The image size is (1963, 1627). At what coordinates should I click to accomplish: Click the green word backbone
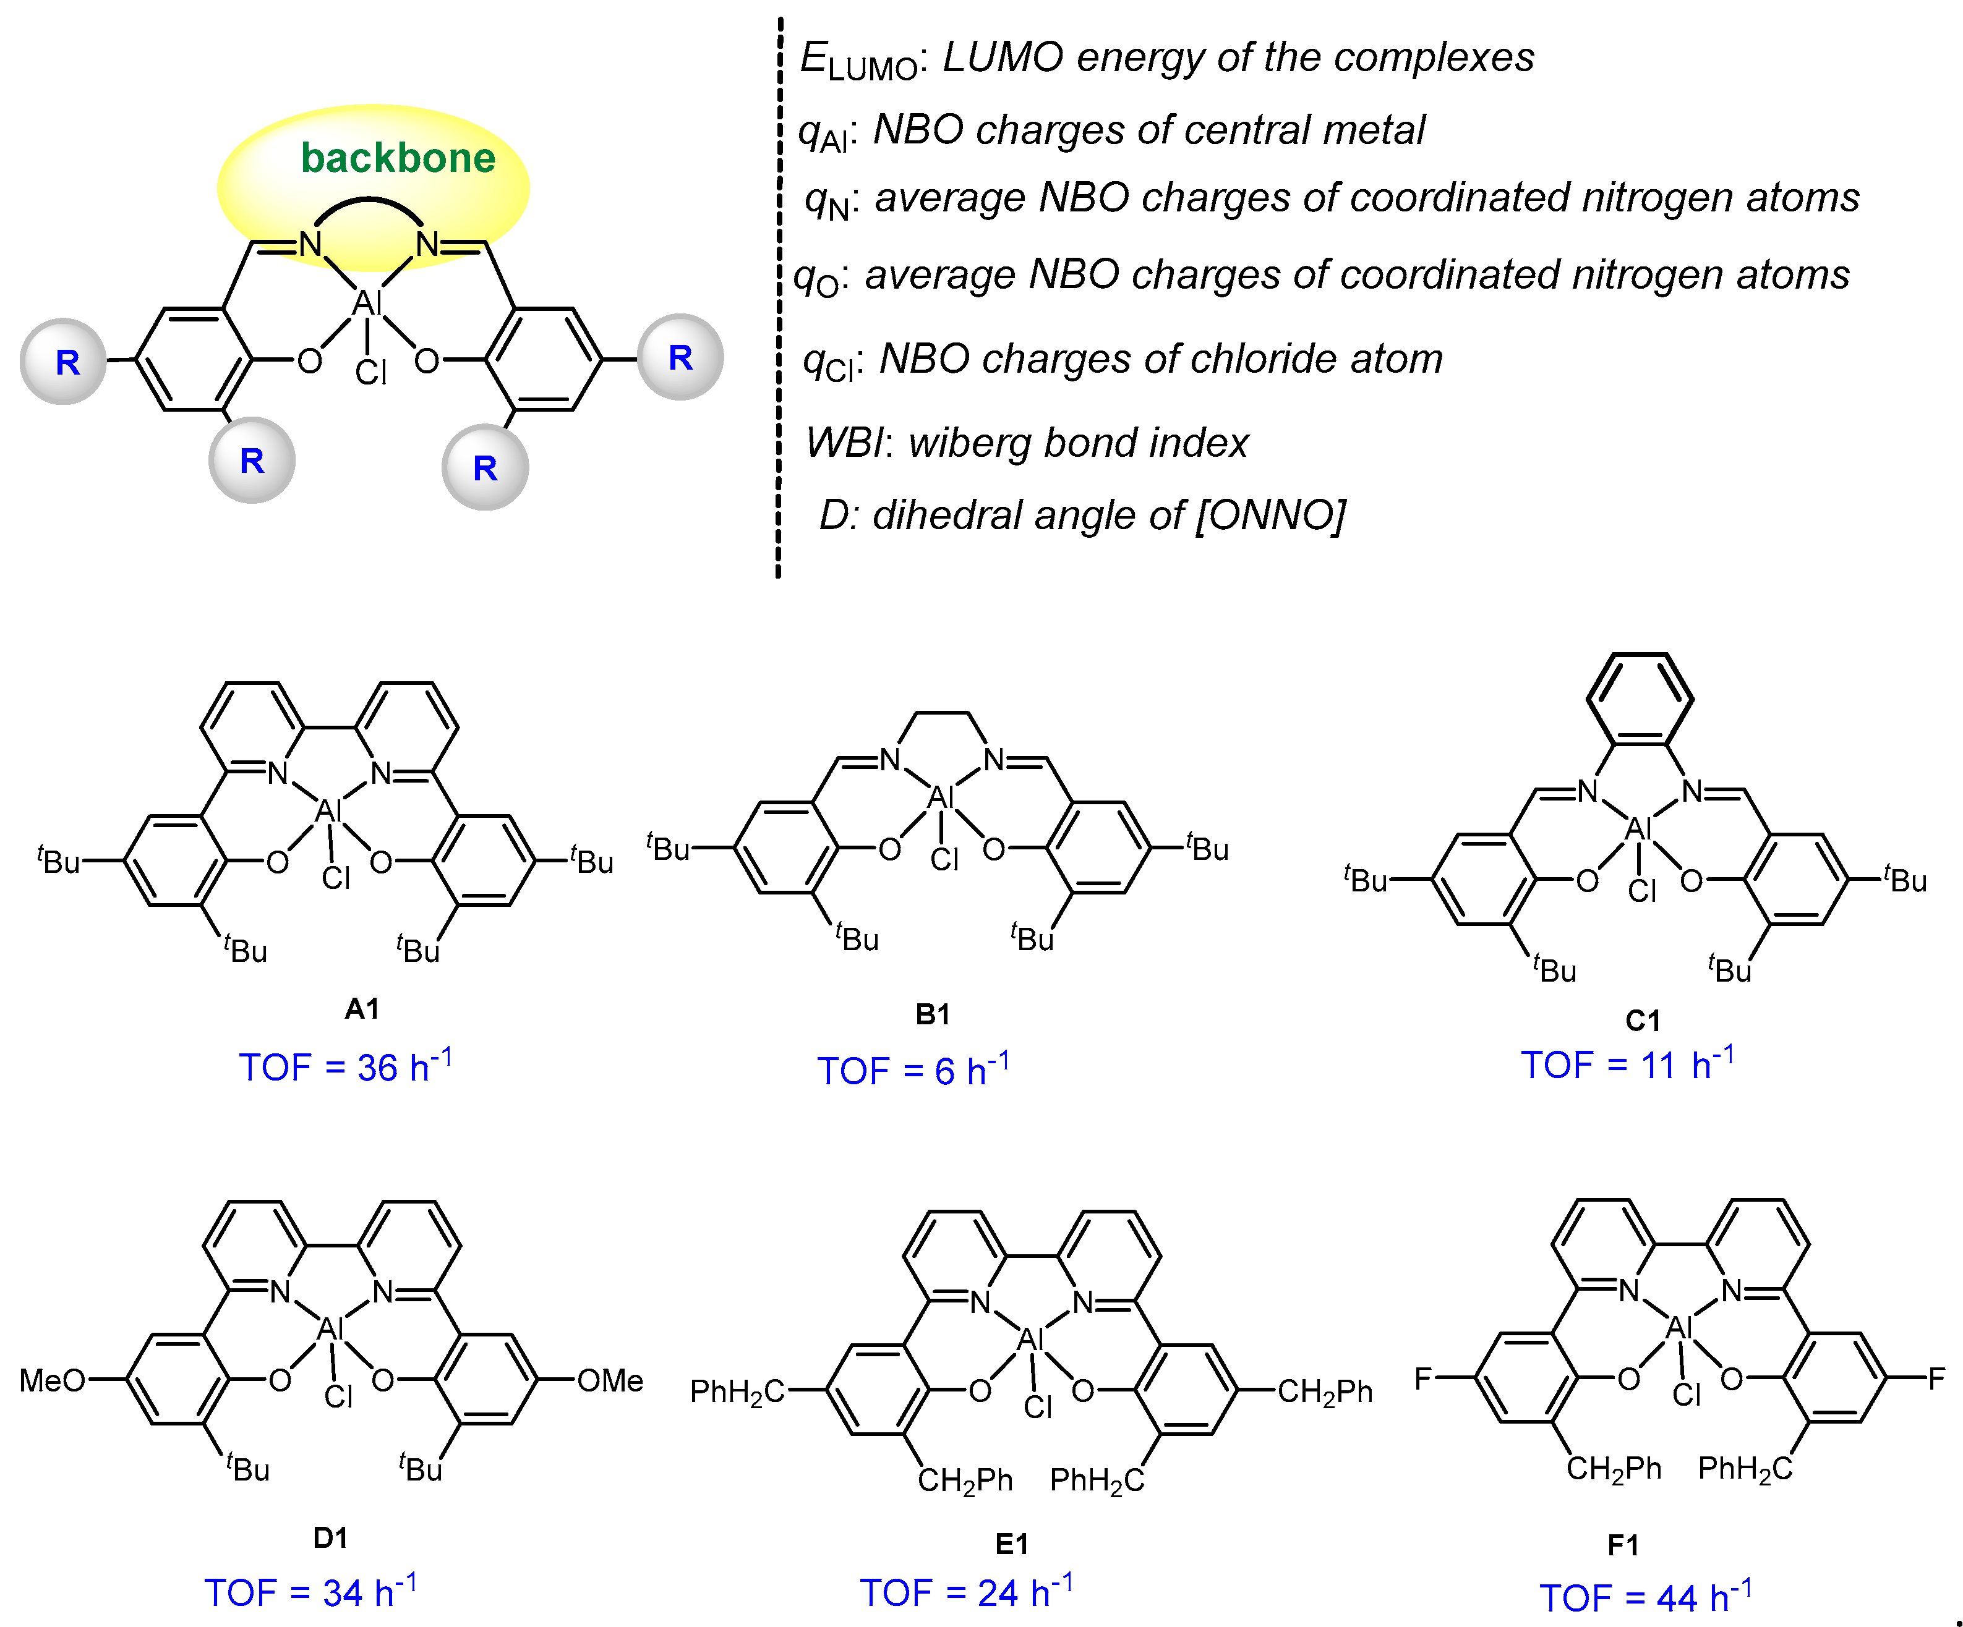tap(397, 158)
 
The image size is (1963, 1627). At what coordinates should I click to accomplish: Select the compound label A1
tap(362, 1008)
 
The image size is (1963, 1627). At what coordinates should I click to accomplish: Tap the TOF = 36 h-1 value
tap(345, 1066)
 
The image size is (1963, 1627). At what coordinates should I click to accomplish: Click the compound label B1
tap(932, 1014)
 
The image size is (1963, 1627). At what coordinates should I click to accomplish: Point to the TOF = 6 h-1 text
tap(912, 1070)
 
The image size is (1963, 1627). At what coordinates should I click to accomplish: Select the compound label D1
tap(330, 1537)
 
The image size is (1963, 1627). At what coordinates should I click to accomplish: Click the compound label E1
tap(1011, 1544)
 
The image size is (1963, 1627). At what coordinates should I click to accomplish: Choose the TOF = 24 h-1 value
tap(965, 1592)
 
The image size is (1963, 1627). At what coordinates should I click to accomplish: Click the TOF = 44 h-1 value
tap(1645, 1597)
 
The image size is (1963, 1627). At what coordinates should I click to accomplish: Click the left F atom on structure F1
tap(1422, 1378)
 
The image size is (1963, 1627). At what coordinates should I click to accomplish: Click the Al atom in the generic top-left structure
tap(366, 303)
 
